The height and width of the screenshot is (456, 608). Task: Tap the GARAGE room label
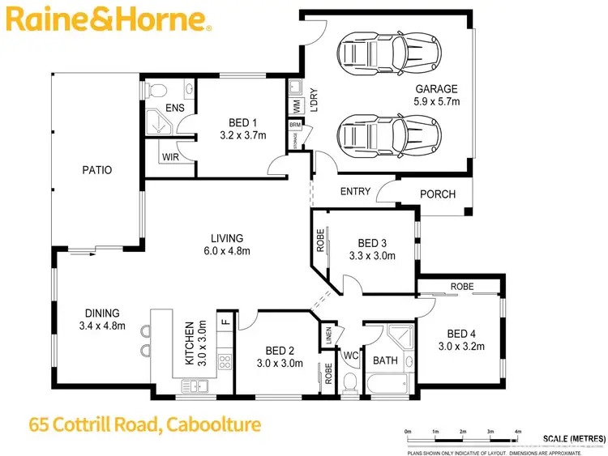click(437, 89)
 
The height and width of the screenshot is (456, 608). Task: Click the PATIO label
click(96, 170)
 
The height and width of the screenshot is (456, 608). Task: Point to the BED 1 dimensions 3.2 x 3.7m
click(242, 135)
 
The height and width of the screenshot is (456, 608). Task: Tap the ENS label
click(174, 108)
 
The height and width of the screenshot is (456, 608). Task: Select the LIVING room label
click(227, 238)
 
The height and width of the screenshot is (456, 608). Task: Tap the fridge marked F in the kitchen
click(226, 322)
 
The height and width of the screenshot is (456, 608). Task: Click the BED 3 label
click(372, 243)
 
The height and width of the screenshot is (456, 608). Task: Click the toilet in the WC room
click(351, 381)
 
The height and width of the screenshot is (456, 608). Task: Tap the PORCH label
click(438, 194)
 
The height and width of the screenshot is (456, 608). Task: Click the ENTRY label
click(355, 192)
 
